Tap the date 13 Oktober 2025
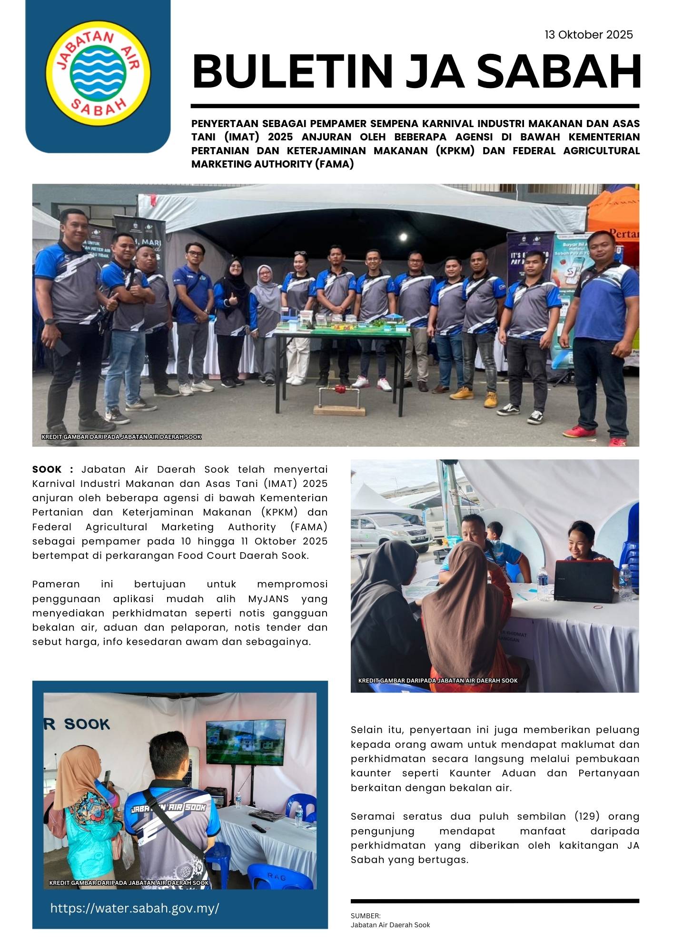coord(589,35)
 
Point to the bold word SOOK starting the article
coord(47,469)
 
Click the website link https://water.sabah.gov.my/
coord(135,908)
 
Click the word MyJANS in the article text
coord(268,599)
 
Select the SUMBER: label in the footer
coord(366,916)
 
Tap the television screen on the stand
coord(245,743)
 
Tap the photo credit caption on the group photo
coord(121,437)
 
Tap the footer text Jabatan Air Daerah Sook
coord(390,925)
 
